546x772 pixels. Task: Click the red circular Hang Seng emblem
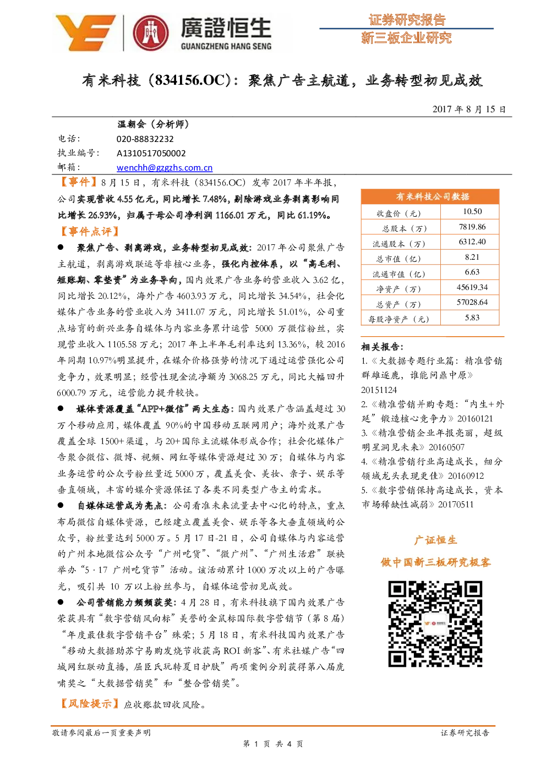click(151, 33)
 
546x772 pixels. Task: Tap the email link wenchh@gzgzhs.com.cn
click(165, 168)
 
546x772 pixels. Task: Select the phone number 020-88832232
click(145, 139)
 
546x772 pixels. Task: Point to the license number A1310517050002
click(151, 153)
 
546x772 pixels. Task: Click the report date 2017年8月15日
click(469, 109)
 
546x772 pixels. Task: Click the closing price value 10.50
click(472, 212)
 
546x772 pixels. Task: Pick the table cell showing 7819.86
click(472, 227)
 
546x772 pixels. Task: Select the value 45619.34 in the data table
click(472, 287)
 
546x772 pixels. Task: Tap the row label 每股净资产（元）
click(398, 319)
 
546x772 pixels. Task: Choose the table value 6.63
click(472, 272)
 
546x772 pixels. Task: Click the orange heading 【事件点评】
click(90, 231)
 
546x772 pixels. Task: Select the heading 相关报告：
click(383, 346)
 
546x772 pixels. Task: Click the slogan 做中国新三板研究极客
click(435, 562)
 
